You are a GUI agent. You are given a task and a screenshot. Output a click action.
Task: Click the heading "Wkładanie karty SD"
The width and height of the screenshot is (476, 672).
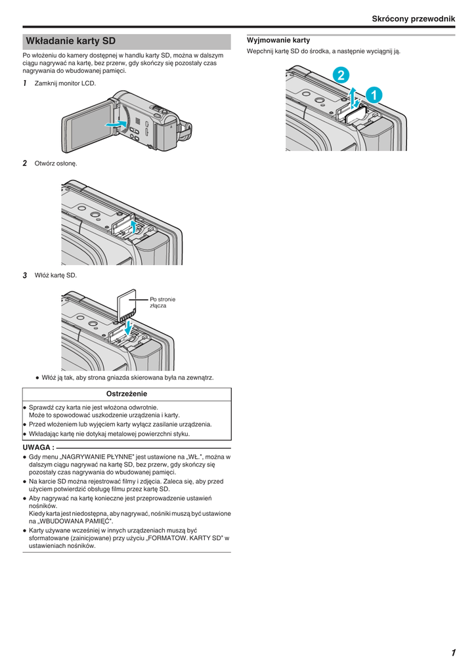[x=70, y=41]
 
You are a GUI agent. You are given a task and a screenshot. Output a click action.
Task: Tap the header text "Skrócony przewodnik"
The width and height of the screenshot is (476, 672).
[x=413, y=19]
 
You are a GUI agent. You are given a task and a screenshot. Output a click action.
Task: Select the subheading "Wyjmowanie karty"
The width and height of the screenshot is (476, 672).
[x=278, y=40]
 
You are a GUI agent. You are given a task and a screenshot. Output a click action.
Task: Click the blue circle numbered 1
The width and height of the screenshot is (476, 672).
[x=372, y=95]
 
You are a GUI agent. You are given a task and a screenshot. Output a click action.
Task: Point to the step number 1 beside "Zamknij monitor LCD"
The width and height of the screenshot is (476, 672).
[x=25, y=83]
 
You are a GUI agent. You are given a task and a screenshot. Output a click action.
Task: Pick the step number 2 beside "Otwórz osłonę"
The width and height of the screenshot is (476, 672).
[x=25, y=163]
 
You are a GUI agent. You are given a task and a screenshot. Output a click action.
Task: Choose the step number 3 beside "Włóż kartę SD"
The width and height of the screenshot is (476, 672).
[x=25, y=275]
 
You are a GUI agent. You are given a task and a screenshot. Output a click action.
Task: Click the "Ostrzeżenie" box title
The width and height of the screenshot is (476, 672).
[x=127, y=394]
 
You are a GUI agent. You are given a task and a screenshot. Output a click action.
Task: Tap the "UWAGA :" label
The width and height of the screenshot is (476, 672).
[x=38, y=447]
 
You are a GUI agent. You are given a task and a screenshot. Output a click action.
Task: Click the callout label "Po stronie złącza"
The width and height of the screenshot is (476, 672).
[x=162, y=303]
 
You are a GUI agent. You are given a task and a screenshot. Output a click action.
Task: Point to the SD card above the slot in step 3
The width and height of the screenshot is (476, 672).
[x=126, y=305]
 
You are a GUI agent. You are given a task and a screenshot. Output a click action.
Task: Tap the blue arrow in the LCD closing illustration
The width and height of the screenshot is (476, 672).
[x=116, y=124]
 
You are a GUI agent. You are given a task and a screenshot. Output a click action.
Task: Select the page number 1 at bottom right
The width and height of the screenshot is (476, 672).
[x=453, y=652]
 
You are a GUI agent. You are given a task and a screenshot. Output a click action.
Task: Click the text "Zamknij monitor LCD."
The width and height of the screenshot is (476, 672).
[x=65, y=83]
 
